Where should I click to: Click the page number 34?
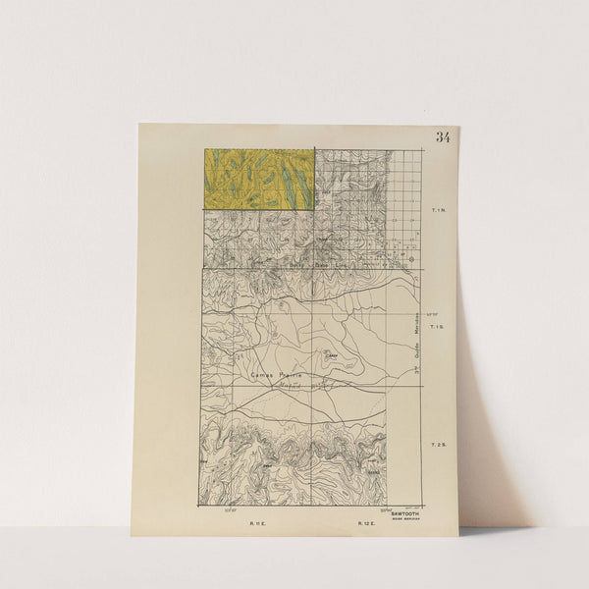coord(443,137)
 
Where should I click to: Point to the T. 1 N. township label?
coord(439,210)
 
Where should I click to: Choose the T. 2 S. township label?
coord(439,447)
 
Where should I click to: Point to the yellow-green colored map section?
coord(258,179)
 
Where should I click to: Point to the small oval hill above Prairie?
coord(332,355)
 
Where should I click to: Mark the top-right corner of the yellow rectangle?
coord(314,148)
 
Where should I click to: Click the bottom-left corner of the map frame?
coord(200,508)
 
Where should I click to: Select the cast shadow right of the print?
coord(481,393)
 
